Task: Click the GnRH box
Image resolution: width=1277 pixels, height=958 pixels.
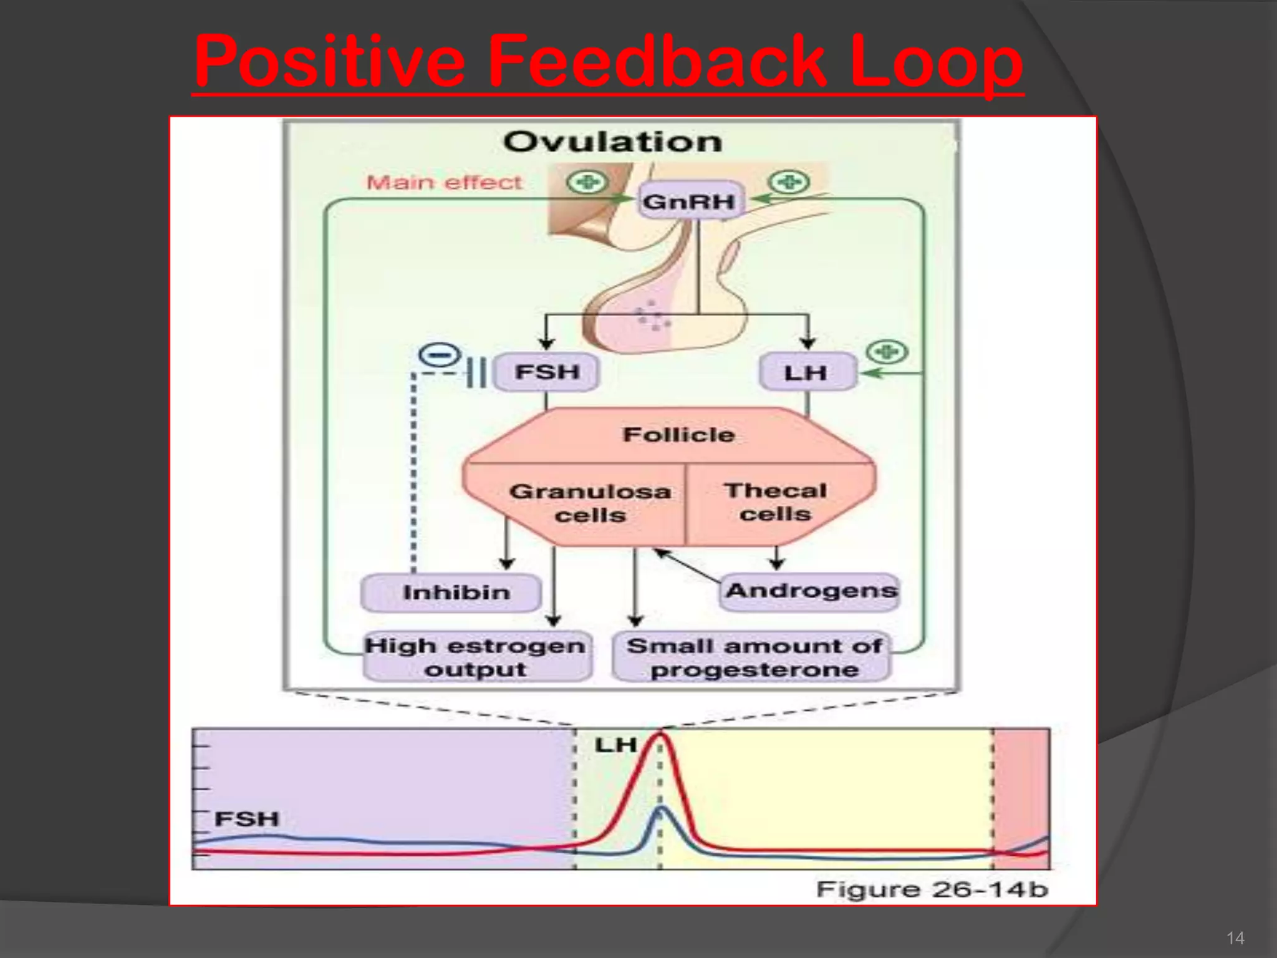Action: pos(689,201)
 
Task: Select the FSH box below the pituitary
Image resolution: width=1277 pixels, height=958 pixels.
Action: pos(547,372)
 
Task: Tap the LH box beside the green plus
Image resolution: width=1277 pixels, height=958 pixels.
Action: pos(806,372)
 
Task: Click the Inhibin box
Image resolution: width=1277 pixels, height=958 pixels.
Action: pos(456,592)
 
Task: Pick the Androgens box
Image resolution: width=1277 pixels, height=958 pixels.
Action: pos(811,591)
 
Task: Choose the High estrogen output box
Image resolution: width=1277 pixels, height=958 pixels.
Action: pos(475,657)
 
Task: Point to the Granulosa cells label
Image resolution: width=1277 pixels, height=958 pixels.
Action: pos(590,503)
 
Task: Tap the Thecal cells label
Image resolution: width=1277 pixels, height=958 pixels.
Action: pos(776,501)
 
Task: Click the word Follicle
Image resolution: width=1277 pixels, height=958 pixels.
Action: pos(678,434)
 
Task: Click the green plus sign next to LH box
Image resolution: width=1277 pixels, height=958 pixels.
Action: pos(887,352)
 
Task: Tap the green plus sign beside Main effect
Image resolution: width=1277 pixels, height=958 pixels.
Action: pos(585,183)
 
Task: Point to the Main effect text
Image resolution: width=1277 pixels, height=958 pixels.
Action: pos(444,182)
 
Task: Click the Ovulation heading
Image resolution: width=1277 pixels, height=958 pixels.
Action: pos(612,142)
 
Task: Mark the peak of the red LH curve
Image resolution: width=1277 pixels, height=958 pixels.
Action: pos(660,735)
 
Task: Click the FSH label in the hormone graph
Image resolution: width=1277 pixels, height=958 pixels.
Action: pos(246,818)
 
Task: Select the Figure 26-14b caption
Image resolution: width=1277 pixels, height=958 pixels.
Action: pos(932,889)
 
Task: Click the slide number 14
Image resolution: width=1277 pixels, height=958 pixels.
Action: pos(1235,938)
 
